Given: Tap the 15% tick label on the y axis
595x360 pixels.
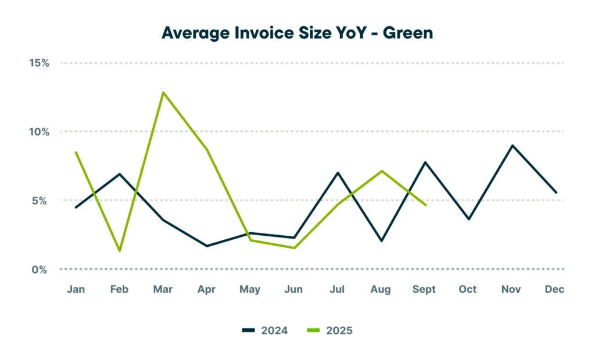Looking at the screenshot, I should point(40,63).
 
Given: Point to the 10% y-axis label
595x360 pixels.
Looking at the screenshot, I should point(40,132).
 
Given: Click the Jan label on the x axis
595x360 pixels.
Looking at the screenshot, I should point(76,290).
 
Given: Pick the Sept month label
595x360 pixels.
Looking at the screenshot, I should point(424,290).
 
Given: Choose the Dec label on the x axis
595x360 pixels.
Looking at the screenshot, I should point(554,290).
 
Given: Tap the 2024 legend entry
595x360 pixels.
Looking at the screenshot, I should point(265,331).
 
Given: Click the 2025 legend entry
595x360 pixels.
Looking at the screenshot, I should point(330,331).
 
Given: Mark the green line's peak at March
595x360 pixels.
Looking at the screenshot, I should point(163,92).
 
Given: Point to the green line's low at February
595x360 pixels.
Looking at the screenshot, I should point(120,251).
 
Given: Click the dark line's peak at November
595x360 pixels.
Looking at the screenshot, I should point(512,145).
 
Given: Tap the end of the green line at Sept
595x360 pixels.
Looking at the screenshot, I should point(426,205).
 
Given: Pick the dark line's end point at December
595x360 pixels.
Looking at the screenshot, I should point(556,192).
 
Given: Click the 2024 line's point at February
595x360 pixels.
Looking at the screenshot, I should point(120,174).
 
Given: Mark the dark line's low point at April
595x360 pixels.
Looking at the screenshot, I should point(207,246).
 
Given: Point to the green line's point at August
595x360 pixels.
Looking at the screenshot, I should point(381,171).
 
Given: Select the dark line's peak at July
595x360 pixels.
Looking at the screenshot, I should point(337,172).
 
